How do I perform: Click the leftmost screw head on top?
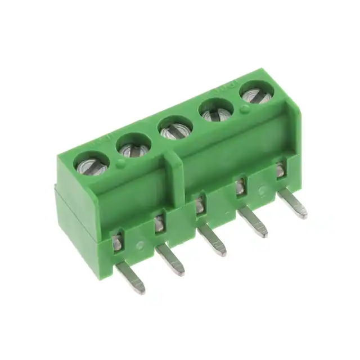pos(92,165)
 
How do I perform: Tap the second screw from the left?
pos(134,147)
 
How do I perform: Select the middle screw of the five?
pos(175,129)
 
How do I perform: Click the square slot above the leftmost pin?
pos(118,242)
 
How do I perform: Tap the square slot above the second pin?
pos(160,224)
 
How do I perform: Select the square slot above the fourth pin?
pos(241,186)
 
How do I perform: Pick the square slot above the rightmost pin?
pos(281,169)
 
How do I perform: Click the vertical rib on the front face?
pos(177,180)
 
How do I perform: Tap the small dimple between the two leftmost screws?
pos(121,164)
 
